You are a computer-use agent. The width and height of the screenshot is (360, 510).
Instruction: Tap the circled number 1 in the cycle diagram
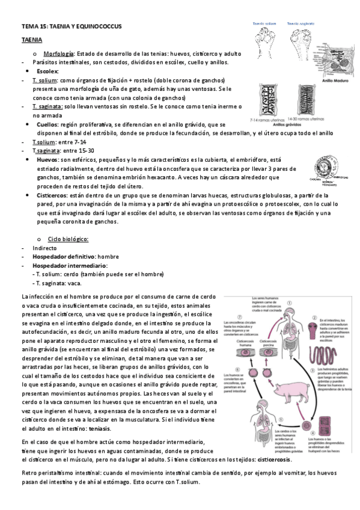click(x=288, y=304)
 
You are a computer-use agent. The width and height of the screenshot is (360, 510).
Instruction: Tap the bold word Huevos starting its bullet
click(x=47, y=161)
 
